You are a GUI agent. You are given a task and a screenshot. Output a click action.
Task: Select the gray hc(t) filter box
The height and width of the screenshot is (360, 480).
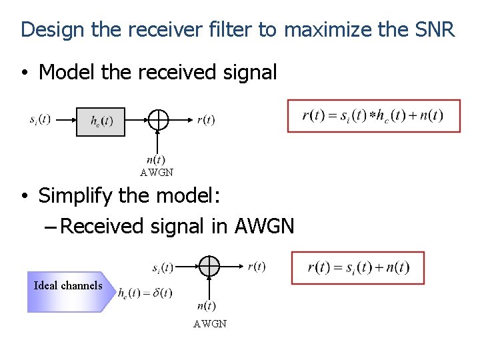(x=101, y=121)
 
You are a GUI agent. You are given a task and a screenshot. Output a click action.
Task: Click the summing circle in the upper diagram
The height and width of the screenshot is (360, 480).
(x=157, y=120)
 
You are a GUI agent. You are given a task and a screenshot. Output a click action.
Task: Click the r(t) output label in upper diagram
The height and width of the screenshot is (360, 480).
(x=206, y=120)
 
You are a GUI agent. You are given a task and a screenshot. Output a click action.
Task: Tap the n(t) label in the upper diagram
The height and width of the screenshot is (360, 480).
(x=156, y=159)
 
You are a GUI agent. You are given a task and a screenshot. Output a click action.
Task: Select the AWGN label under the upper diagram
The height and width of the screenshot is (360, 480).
(x=157, y=173)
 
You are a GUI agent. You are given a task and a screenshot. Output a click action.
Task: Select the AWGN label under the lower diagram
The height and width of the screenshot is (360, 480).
(x=210, y=324)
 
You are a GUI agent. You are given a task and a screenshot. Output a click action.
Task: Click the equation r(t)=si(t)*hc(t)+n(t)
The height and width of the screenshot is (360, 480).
(x=373, y=116)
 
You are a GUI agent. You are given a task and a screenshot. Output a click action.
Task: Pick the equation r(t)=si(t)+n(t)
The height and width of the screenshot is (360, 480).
(x=358, y=268)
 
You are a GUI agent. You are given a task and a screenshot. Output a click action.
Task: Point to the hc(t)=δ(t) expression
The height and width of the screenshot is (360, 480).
(x=145, y=293)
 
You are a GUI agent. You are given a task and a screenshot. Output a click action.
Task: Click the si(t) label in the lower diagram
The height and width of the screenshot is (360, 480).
(x=163, y=267)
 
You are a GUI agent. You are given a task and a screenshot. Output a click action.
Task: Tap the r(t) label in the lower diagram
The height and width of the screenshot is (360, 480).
(x=257, y=267)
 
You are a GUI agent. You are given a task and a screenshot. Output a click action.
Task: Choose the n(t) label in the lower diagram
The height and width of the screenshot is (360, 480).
(x=207, y=306)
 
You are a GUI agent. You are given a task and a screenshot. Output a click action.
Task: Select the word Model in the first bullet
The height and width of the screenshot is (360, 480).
(x=67, y=72)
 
